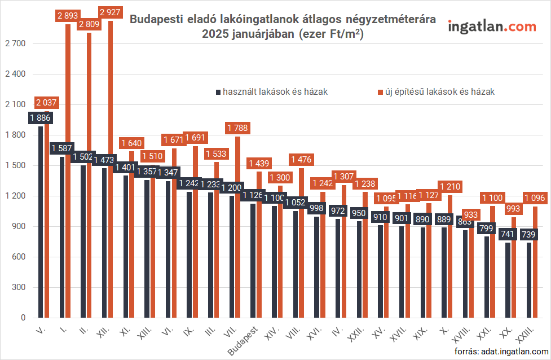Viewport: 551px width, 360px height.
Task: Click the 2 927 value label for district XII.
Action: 110,13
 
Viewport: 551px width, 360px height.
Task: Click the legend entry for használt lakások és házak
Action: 271,91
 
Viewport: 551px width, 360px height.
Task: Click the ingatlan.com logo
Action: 492,27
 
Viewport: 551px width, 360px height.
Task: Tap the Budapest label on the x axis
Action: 244,341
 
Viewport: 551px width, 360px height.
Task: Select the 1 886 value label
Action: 40,118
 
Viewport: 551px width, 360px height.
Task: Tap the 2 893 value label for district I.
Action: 68,16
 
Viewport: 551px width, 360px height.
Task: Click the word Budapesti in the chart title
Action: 155,19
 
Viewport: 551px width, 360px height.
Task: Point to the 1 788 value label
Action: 237,129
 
